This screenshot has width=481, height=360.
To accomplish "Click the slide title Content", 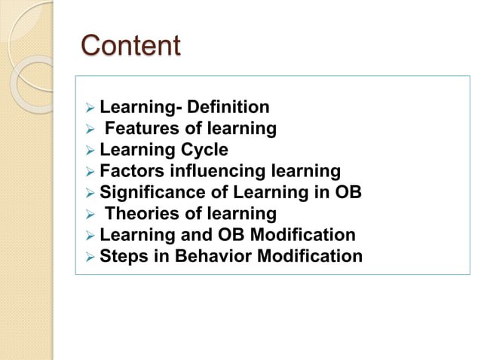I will point(130,45).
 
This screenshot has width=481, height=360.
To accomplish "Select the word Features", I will point(138,129).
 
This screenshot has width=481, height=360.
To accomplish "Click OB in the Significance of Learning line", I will point(348,192).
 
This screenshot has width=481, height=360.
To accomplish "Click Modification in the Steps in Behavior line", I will point(310,256).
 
